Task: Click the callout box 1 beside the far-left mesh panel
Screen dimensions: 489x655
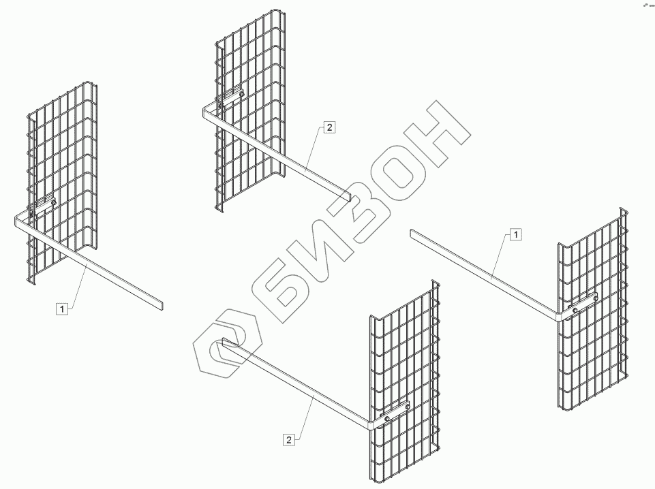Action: (x=63, y=309)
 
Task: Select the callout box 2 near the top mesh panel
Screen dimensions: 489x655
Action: (x=329, y=127)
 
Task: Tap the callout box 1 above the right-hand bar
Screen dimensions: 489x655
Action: (x=516, y=234)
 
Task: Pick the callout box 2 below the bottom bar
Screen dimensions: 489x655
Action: (x=289, y=440)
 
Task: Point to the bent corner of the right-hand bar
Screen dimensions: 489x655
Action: (x=560, y=315)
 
